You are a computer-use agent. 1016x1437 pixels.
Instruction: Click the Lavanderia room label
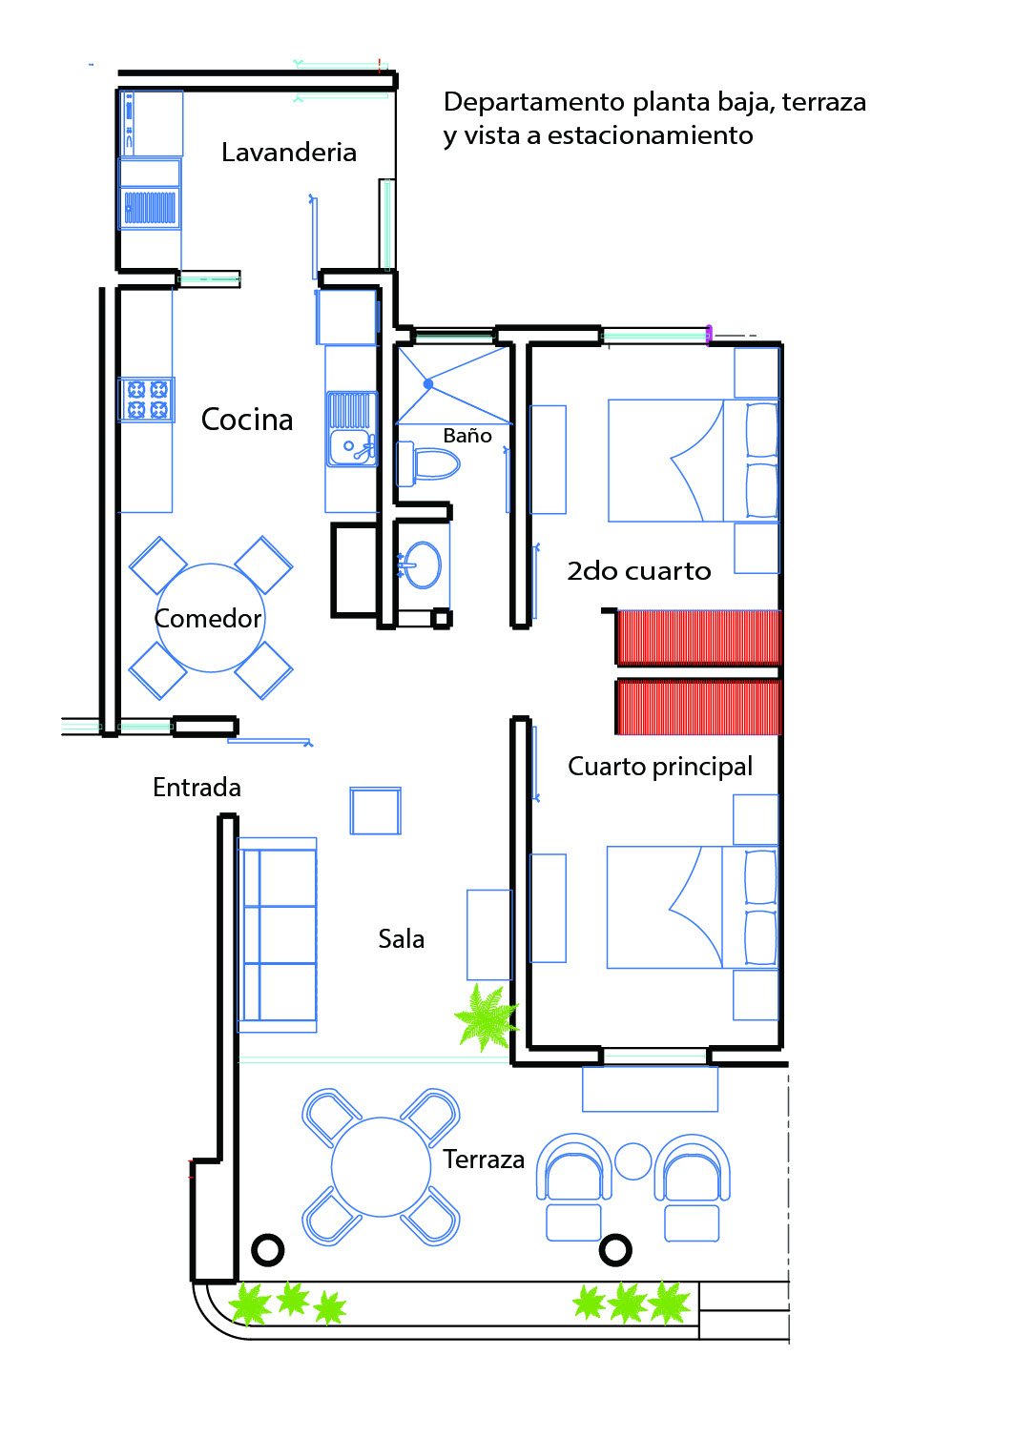pos(289,153)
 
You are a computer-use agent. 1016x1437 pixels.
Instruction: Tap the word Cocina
pos(247,420)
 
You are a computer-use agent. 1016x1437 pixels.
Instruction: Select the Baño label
pos(467,436)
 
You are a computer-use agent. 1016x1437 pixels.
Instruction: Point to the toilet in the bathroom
pos(428,463)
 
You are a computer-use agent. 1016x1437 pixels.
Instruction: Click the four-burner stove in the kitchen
pos(147,399)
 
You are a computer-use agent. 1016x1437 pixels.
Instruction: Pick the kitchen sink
pos(351,428)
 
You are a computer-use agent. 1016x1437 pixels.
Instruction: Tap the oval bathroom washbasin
pos(421,565)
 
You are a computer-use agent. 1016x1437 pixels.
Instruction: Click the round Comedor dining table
pos(211,618)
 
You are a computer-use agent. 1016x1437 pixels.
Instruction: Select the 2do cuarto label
pos(639,571)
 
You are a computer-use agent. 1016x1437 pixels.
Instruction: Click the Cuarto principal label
pos(660,768)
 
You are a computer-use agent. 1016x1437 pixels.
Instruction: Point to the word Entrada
pos(197,788)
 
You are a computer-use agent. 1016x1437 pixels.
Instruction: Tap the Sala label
pos(401,939)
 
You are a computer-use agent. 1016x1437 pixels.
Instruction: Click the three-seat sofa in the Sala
pos(278,934)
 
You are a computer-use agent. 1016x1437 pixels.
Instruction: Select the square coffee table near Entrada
pos(376,811)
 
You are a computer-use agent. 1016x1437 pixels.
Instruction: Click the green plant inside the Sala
pos(486,1018)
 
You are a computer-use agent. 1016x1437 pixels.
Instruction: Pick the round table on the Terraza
pos(382,1167)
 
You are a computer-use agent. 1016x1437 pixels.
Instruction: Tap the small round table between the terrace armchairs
pos(632,1161)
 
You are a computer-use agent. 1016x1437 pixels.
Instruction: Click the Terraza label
pos(484,1160)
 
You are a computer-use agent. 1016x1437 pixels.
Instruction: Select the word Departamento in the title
pos(534,103)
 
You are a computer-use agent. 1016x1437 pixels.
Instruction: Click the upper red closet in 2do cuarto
pos(699,638)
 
